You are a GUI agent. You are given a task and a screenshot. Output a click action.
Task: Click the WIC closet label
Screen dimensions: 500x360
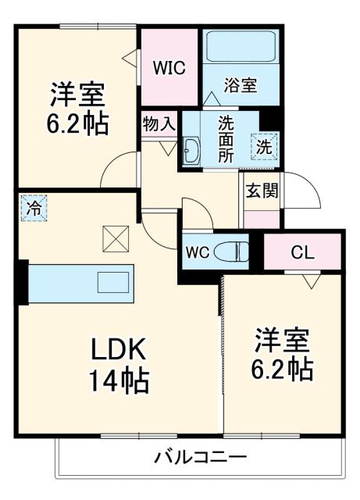coord(169,67)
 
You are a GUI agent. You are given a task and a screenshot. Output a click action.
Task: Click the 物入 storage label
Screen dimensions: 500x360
coord(159,123)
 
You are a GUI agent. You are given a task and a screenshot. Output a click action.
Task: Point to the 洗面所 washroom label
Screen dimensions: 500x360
coord(226,136)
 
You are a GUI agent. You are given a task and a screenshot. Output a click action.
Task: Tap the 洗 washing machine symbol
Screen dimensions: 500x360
coord(263,146)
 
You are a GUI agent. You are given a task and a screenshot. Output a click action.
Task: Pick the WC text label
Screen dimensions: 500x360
coord(196,252)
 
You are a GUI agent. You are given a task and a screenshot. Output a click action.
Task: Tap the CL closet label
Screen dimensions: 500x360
coord(302,252)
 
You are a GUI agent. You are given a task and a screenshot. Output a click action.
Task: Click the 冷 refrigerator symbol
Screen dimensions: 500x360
coord(34,209)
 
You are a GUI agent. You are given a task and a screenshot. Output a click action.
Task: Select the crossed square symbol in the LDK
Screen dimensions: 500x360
coord(116,238)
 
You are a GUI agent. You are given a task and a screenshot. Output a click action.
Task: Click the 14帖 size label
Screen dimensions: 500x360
coord(119,381)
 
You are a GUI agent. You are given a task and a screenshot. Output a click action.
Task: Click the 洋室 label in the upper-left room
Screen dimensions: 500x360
coord(78,95)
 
